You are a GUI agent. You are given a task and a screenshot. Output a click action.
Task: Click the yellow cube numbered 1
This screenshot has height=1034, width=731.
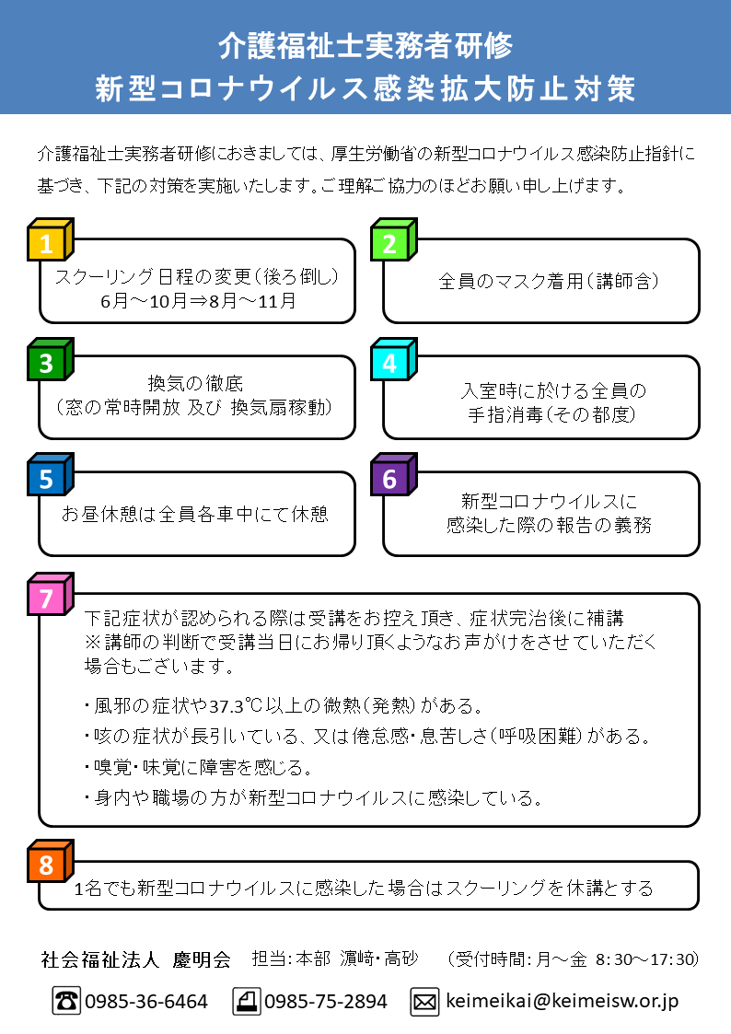(50, 239)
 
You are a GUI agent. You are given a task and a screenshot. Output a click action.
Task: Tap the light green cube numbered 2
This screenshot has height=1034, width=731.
(393, 239)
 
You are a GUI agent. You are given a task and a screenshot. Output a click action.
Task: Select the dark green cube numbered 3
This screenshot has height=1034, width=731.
(50, 359)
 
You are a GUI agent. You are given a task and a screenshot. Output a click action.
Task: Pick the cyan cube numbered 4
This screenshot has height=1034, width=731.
(393, 359)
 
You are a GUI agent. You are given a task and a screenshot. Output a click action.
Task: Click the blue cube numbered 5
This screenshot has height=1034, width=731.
(50, 474)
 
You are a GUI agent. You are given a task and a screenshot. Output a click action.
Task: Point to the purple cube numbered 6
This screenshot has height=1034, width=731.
(393, 474)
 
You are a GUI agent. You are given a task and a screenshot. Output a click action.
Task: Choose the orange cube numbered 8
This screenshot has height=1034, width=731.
(50, 861)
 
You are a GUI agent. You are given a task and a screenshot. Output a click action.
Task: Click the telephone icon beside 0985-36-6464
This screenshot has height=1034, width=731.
(66, 1001)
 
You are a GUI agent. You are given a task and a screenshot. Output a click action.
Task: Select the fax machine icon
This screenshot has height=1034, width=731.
(247, 1001)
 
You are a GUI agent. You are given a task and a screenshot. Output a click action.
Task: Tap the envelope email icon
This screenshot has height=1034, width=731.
(424, 1002)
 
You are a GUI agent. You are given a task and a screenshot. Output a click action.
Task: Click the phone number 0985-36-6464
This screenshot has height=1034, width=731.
(146, 1002)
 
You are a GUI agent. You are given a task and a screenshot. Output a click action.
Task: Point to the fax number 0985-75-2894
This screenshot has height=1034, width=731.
(326, 1002)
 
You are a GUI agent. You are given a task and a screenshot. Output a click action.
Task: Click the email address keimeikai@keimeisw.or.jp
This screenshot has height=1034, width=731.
(563, 1001)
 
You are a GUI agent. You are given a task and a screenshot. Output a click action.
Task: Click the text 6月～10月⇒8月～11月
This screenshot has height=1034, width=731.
(198, 301)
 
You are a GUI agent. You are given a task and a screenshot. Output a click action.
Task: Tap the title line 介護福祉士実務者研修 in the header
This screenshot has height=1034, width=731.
(365, 45)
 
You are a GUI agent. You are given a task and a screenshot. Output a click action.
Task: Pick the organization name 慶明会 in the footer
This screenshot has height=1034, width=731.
(202, 959)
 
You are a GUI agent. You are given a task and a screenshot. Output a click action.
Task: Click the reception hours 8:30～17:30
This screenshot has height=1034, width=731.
(646, 958)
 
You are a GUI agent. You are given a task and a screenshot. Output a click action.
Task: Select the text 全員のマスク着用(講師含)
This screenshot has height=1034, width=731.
(549, 282)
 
